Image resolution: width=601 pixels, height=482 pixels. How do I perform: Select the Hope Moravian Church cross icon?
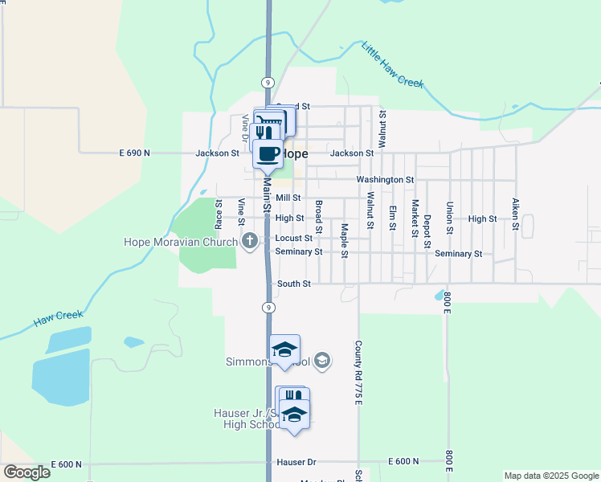tap(250, 240)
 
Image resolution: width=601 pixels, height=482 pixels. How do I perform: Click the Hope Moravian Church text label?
tap(180, 242)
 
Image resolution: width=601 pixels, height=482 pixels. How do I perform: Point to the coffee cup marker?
tap(268, 153)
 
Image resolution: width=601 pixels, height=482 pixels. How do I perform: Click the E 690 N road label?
tap(134, 153)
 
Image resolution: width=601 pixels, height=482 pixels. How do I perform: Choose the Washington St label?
tap(385, 180)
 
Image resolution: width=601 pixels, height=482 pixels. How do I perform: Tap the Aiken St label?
tap(513, 214)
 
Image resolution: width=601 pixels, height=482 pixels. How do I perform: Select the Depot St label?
tap(427, 231)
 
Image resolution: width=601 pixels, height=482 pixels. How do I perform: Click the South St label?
tap(293, 284)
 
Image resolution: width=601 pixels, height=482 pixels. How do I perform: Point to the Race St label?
tap(218, 213)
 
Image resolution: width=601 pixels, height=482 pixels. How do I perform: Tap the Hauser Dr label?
tap(296, 463)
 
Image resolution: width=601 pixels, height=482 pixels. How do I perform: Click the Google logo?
tap(27, 472)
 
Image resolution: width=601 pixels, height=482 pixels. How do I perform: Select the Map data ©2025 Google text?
tap(550, 476)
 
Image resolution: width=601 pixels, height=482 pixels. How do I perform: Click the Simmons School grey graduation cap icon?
tap(322, 360)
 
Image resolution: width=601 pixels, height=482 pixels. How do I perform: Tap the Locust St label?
tap(293, 239)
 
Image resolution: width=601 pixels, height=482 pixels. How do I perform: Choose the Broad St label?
tap(318, 217)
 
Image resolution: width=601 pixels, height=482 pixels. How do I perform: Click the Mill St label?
tap(288, 198)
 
